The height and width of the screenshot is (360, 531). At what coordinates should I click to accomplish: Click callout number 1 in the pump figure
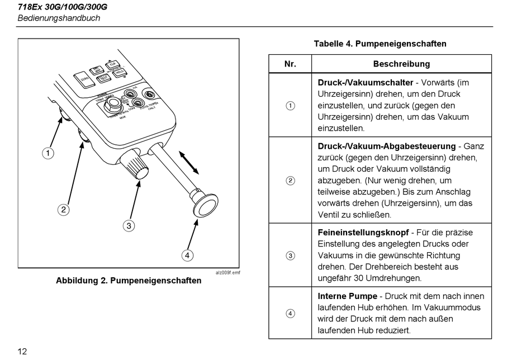point(49,153)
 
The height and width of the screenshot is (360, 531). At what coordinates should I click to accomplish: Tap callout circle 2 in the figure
point(64,210)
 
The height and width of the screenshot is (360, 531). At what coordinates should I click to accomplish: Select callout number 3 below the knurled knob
point(129,226)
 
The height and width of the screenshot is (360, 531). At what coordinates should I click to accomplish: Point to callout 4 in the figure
point(188,255)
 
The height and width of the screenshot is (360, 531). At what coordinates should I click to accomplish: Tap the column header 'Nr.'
point(290,64)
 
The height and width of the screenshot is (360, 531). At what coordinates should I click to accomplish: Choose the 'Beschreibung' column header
point(401,64)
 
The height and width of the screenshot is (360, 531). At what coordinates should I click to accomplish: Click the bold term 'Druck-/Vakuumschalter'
point(366,83)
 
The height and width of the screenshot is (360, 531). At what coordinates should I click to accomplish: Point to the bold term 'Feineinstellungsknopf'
point(363,232)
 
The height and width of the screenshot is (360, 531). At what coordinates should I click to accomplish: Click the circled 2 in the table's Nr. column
point(290,181)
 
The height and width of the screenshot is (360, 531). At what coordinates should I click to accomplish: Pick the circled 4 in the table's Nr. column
point(290,313)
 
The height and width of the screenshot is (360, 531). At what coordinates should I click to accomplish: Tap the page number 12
point(22,352)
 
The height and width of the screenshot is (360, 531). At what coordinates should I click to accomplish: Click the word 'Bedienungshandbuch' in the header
point(59,18)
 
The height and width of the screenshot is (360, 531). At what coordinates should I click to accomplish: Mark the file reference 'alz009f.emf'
point(227,272)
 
